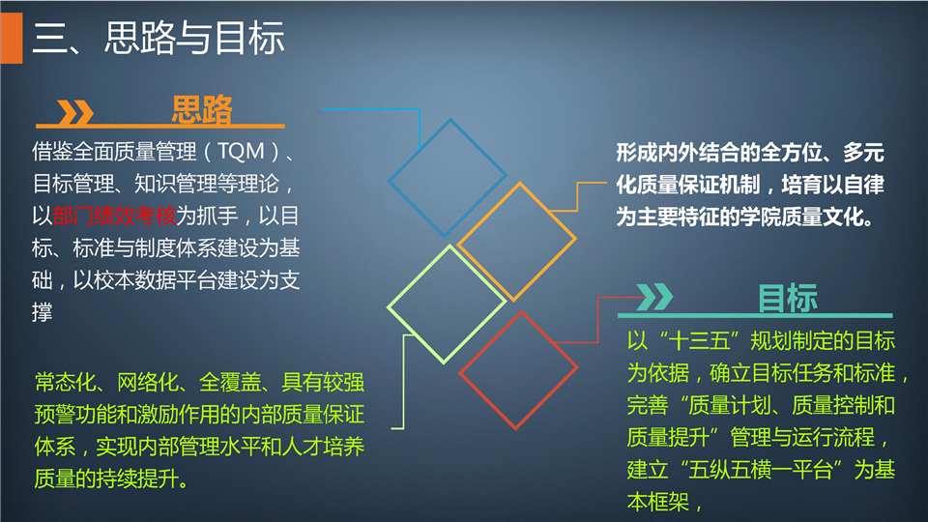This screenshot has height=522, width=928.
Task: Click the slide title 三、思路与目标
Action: (158, 39)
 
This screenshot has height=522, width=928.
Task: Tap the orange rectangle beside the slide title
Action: (12, 39)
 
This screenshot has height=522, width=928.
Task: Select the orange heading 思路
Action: (202, 109)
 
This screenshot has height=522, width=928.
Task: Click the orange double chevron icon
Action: (75, 112)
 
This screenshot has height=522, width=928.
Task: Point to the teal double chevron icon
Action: (654, 297)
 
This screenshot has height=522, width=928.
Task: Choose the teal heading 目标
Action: (788, 299)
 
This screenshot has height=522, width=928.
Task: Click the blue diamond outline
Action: (447, 178)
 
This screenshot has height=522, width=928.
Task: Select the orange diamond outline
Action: (516, 241)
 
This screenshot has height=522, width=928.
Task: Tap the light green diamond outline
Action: (447, 304)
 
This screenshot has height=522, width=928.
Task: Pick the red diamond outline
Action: (518, 370)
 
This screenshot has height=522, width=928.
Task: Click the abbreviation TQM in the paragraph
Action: (241, 152)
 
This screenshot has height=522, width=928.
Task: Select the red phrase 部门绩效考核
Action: (114, 216)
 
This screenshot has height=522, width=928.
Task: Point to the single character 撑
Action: (42, 312)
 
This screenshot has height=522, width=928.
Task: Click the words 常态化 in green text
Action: (65, 383)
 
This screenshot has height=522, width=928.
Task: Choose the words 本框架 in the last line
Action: (658, 503)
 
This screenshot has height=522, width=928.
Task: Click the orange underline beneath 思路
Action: (159, 126)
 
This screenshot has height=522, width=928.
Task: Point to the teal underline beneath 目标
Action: (755, 315)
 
